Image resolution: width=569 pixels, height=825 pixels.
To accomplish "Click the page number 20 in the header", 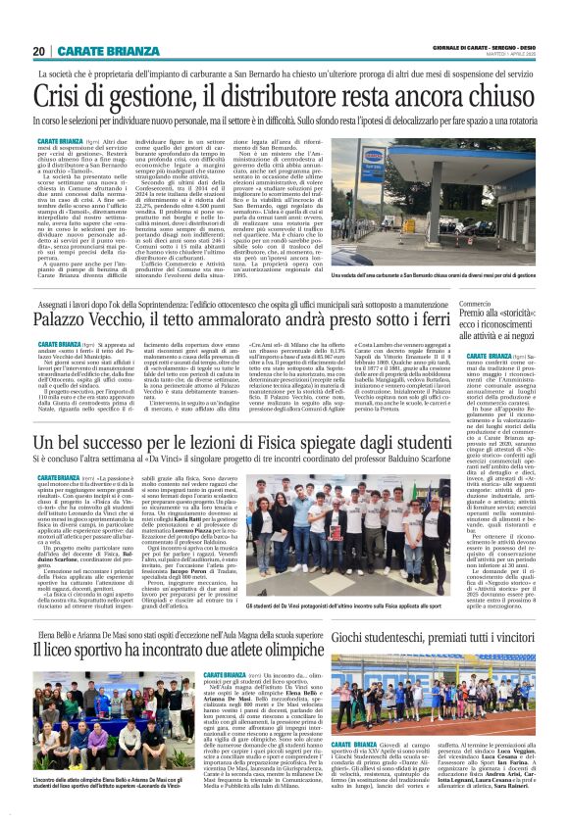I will (x=38, y=51).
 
